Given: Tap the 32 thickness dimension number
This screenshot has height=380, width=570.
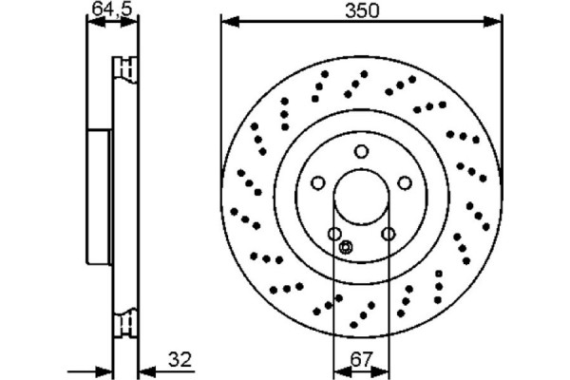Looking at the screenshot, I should (x=180, y=359).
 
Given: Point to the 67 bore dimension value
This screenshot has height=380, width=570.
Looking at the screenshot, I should (x=361, y=359).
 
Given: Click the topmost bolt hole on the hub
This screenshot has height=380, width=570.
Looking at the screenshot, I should (x=361, y=151).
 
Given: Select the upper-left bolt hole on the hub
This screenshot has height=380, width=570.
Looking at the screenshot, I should (x=318, y=182).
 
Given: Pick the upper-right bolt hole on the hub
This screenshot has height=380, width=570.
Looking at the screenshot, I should (x=404, y=182).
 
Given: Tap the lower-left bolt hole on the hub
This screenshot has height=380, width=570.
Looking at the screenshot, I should (x=334, y=234).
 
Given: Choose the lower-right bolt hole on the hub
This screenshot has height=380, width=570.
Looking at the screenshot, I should (x=388, y=234).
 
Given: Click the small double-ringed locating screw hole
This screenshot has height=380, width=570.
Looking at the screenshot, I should (x=345, y=247).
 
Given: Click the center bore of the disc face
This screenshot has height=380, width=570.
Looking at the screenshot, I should (x=361, y=197).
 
